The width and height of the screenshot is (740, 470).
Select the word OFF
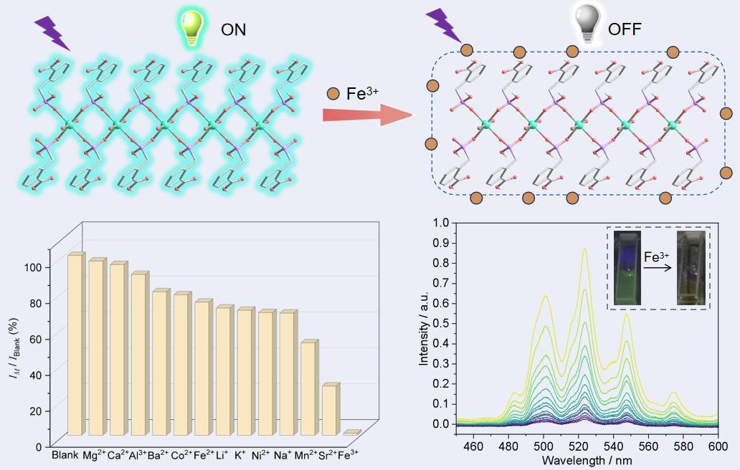[625, 29]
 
